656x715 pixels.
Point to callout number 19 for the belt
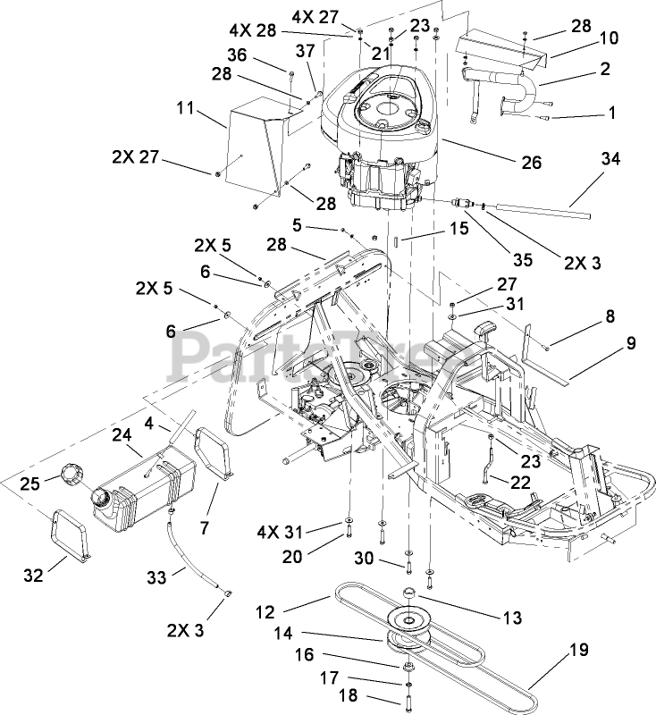[x=580, y=649]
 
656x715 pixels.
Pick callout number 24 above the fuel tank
[x=122, y=435]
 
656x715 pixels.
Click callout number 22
[x=520, y=482]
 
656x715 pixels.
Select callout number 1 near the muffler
[x=611, y=114]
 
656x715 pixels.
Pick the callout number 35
[x=522, y=260]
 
